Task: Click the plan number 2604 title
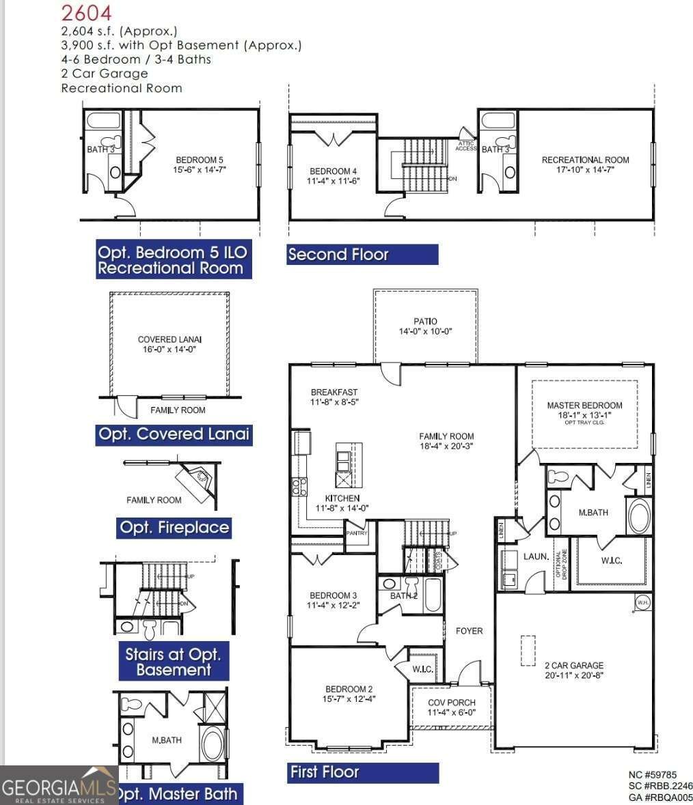(87, 12)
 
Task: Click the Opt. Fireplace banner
(174, 528)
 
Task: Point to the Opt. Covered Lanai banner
(174, 434)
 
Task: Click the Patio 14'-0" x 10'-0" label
(425, 326)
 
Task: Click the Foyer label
(469, 631)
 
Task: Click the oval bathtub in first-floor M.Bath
(640, 517)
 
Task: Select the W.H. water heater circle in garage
(642, 602)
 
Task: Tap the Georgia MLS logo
(58, 786)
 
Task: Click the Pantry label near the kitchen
(357, 533)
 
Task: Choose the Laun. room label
(536, 556)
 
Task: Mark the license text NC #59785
(652, 774)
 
